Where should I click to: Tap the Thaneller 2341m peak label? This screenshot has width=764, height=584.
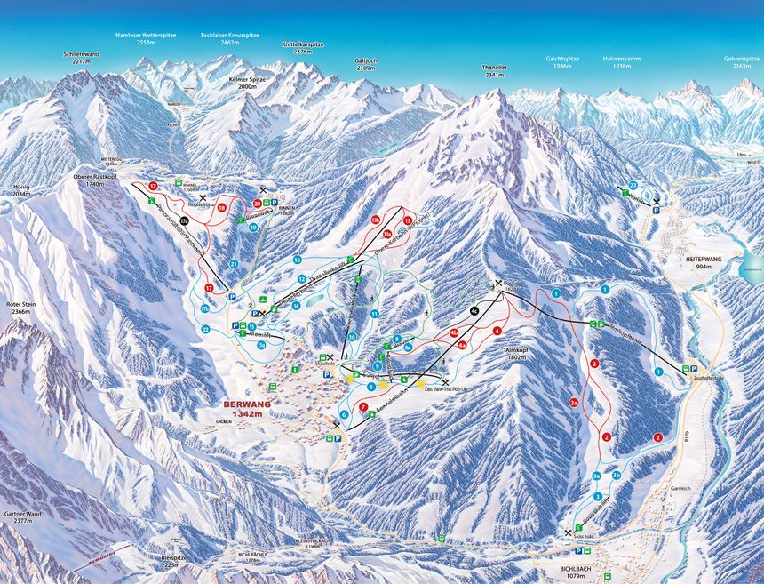(494, 71)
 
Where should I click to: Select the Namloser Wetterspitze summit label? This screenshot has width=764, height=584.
(146, 38)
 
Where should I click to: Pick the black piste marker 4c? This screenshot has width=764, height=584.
(474, 309)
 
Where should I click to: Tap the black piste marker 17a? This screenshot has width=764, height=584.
(184, 220)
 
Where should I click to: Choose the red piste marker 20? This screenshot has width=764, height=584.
(257, 204)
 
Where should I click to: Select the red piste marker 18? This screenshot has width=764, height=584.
(220, 207)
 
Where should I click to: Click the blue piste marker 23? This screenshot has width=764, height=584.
(633, 185)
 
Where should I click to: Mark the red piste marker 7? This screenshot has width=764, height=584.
(363, 407)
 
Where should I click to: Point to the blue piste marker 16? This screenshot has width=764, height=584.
(298, 260)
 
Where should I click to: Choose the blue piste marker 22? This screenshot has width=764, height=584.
(204, 329)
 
